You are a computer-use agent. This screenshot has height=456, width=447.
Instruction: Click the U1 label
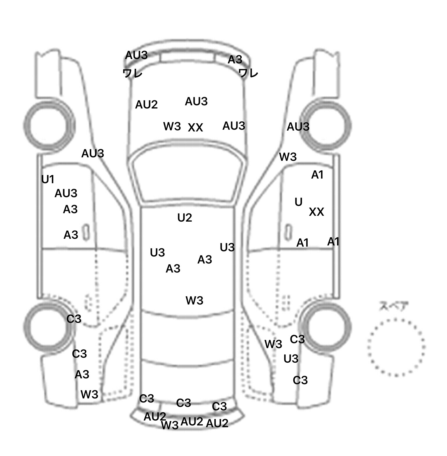pos(48,179)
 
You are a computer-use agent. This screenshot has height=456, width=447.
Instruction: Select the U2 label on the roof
pos(185,218)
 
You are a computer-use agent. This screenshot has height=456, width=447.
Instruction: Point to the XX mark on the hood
pos(195,127)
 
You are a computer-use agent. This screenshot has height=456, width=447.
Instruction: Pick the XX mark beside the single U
pos(316,212)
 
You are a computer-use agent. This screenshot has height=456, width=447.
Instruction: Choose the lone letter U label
pos(299,202)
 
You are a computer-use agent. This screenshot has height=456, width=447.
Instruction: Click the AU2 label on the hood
pos(146,104)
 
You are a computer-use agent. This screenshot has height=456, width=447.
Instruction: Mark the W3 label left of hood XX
pos(172,126)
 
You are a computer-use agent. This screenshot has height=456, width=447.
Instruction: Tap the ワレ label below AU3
pos(132,73)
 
